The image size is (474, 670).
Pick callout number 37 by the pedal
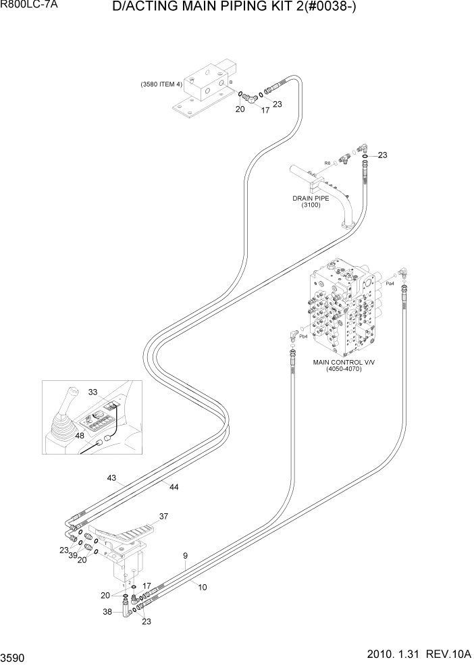click(x=163, y=517)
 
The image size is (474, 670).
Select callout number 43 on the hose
click(x=113, y=478)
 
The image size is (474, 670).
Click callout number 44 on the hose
click(x=174, y=486)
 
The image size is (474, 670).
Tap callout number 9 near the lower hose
click(x=185, y=557)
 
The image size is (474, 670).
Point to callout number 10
click(x=202, y=587)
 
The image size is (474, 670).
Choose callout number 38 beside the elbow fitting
click(x=107, y=613)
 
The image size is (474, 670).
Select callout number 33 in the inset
click(x=93, y=392)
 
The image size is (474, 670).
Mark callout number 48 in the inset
click(x=79, y=436)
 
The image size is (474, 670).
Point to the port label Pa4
click(x=390, y=284)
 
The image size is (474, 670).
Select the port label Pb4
click(x=303, y=336)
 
